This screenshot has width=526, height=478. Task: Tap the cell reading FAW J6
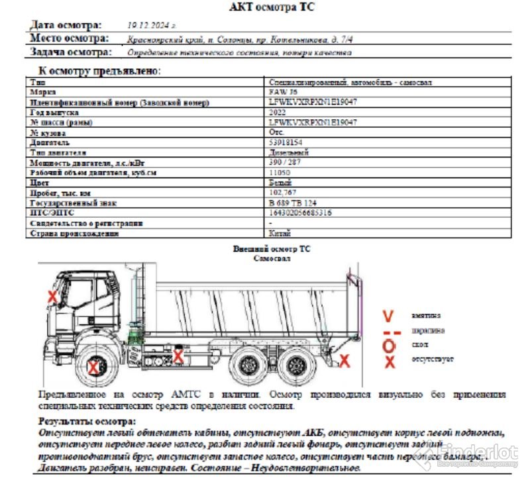point(280,93)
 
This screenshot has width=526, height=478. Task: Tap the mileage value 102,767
point(282,193)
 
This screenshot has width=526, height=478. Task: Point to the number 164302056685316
point(300,213)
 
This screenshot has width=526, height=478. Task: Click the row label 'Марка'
point(42,93)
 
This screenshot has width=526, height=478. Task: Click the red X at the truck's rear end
point(344,360)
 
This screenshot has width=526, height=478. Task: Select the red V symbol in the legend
point(390,315)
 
